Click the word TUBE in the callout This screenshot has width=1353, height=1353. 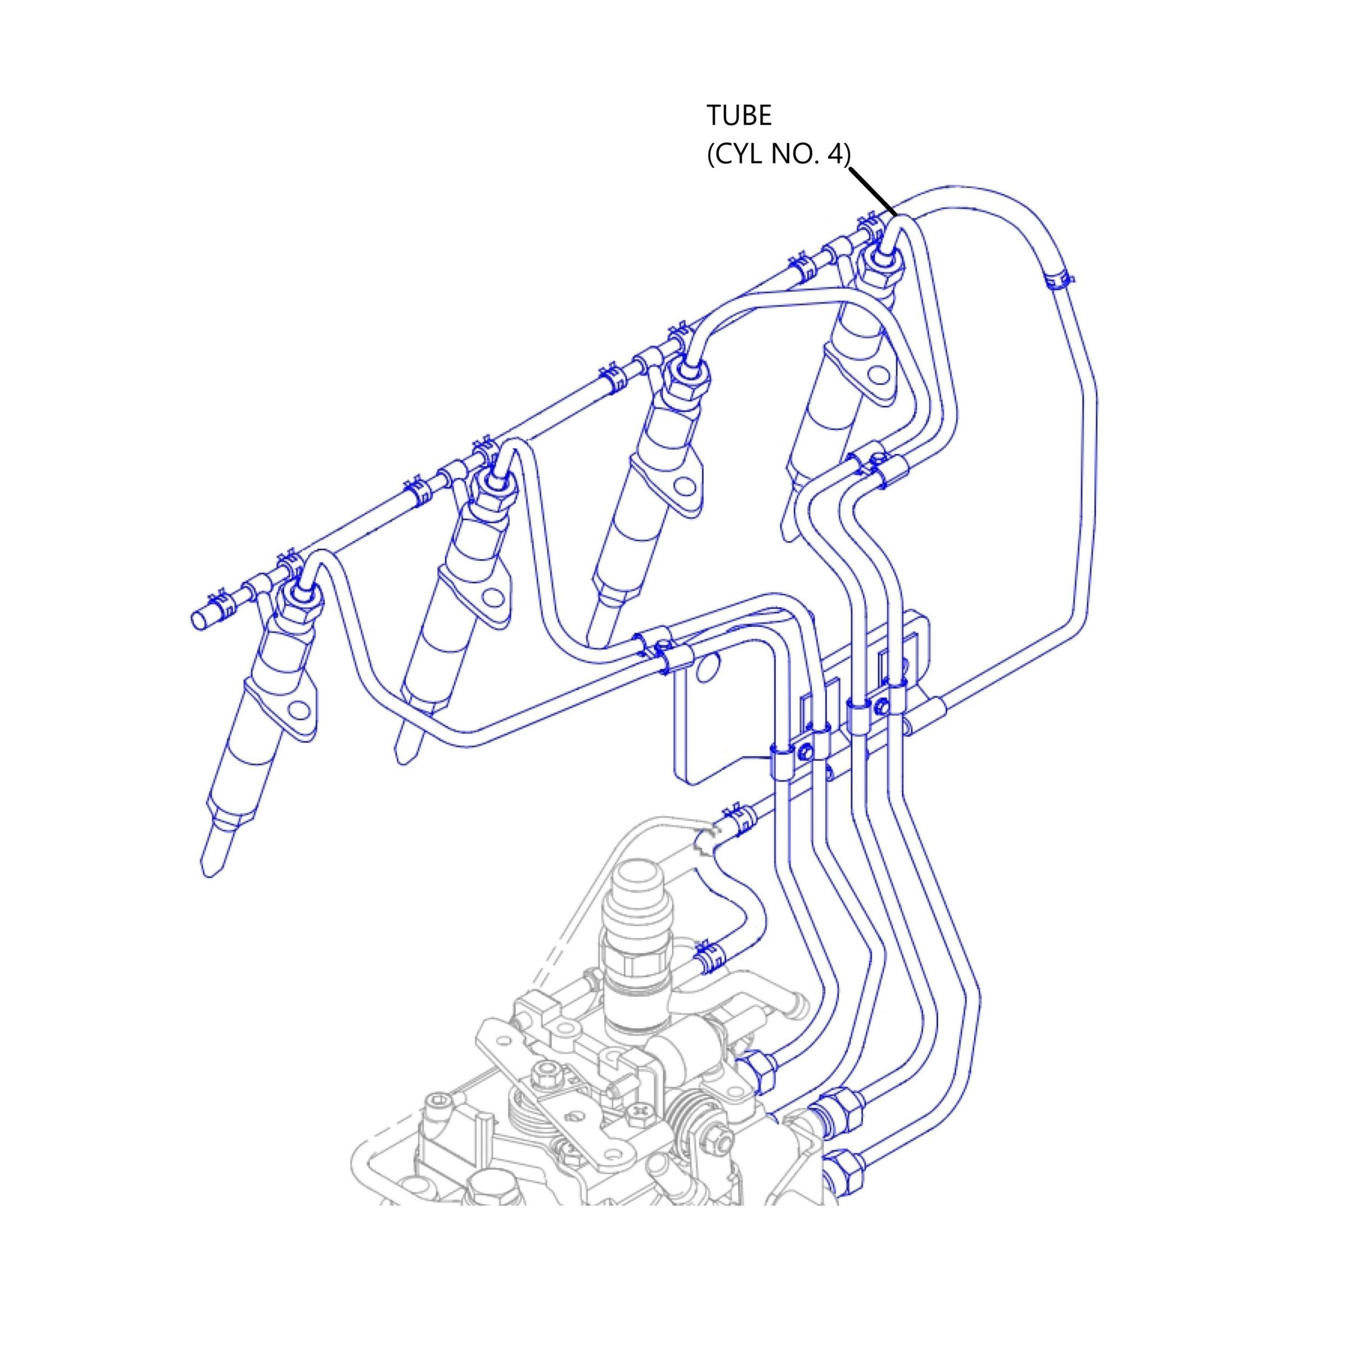point(739,116)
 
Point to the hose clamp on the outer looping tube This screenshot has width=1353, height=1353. point(1059,279)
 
